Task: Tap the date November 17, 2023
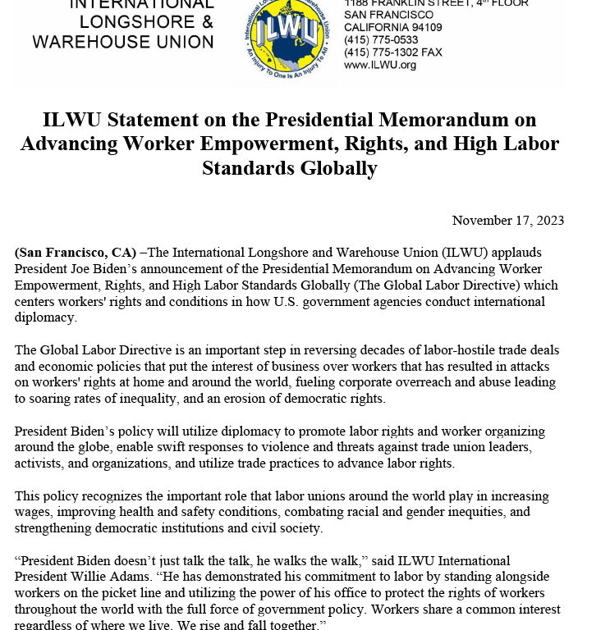coord(507,221)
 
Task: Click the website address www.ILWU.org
coord(380,65)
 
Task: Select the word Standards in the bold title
coord(244,168)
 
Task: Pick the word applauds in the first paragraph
coord(517,252)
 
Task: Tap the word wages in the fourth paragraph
coord(34,513)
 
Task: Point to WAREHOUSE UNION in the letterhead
coord(123,40)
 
